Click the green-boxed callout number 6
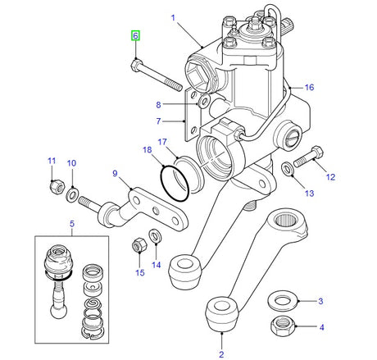click(136, 35)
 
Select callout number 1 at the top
click(174, 17)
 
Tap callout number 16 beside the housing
click(309, 87)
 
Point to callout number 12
click(331, 176)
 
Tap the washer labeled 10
click(73, 193)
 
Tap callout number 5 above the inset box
click(72, 224)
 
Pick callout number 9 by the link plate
click(116, 173)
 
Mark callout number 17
click(162, 141)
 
